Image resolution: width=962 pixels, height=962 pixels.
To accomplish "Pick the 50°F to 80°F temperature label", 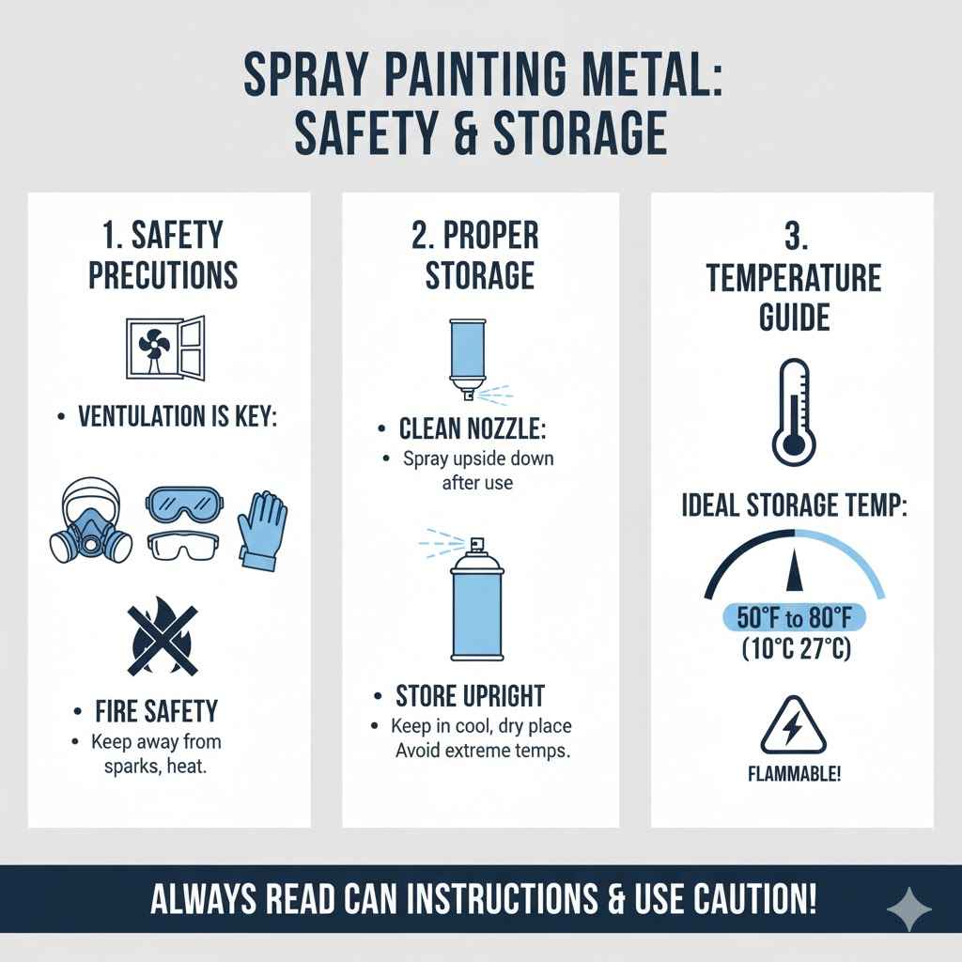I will coord(795,617).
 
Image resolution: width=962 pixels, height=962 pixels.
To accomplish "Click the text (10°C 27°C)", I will coord(795,647).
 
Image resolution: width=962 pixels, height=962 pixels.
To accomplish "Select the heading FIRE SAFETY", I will coord(156,709).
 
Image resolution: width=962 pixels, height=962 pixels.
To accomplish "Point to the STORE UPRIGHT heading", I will coord(470,696).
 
